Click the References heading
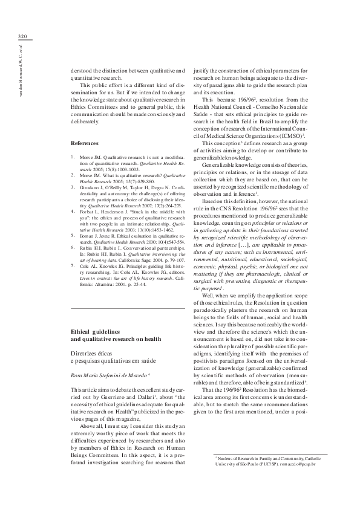click(x=85, y=143)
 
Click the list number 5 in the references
click(x=73, y=236)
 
